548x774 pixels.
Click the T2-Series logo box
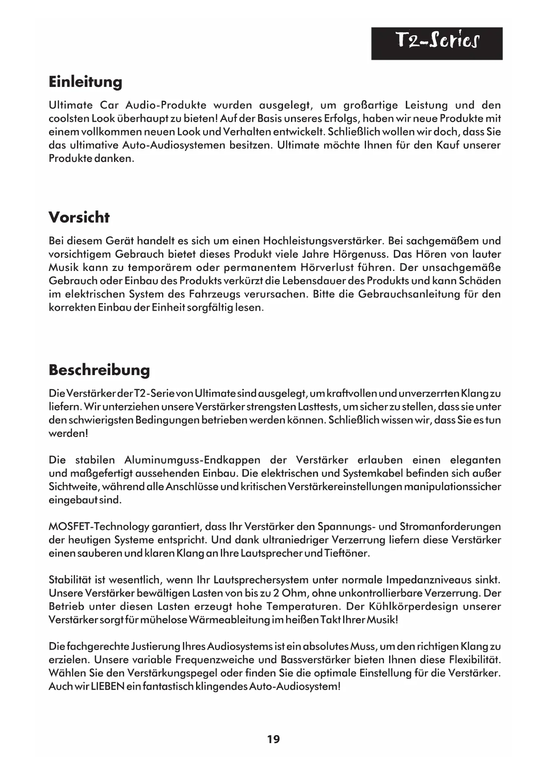[436, 43]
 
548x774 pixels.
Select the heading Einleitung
[85, 82]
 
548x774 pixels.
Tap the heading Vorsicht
[79, 217]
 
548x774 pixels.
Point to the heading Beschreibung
[99, 370]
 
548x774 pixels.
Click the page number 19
[273, 739]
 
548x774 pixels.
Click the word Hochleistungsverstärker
[325, 241]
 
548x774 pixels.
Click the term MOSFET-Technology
[99, 527]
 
